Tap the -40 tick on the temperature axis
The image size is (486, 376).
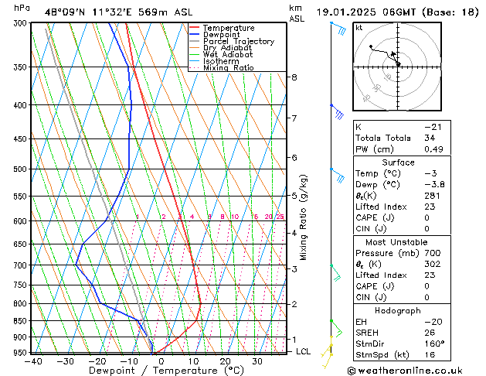point(32,361)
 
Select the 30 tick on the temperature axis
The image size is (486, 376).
point(257,361)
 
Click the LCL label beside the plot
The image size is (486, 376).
point(304,351)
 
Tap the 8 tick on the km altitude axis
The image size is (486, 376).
point(294,77)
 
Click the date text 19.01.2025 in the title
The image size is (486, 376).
point(352,12)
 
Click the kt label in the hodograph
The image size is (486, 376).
point(359,27)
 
